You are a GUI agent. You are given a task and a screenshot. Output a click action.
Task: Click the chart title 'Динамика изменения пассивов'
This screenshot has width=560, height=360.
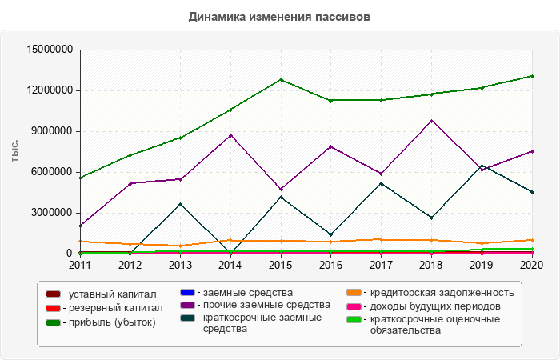[279, 17]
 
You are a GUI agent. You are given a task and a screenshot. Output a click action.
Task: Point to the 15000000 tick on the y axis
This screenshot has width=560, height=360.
[50, 50]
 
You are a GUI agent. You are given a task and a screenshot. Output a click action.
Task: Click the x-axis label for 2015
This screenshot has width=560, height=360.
[281, 265]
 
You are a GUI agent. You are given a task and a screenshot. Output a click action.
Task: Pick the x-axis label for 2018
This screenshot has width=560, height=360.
[432, 265]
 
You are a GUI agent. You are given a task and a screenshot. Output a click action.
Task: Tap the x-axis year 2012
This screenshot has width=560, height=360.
[130, 265]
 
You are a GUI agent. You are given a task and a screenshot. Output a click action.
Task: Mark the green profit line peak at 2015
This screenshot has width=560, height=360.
[281, 80]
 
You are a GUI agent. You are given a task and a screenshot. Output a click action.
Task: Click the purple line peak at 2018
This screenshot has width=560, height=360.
[432, 121]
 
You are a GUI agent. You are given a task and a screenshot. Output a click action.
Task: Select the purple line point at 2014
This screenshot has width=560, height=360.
[230, 135]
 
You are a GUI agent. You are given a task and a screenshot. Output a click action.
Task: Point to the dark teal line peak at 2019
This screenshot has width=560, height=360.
[482, 166]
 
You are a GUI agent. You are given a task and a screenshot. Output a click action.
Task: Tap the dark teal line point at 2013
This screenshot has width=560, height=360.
[180, 204]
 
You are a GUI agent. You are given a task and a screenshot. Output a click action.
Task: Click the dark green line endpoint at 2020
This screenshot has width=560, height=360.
[533, 76]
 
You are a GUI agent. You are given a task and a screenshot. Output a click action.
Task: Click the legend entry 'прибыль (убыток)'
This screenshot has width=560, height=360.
[109, 322]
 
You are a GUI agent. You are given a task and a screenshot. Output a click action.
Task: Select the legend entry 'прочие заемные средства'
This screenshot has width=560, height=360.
[266, 305]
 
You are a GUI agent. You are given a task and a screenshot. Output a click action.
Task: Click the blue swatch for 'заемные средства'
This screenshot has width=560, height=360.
[189, 294]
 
